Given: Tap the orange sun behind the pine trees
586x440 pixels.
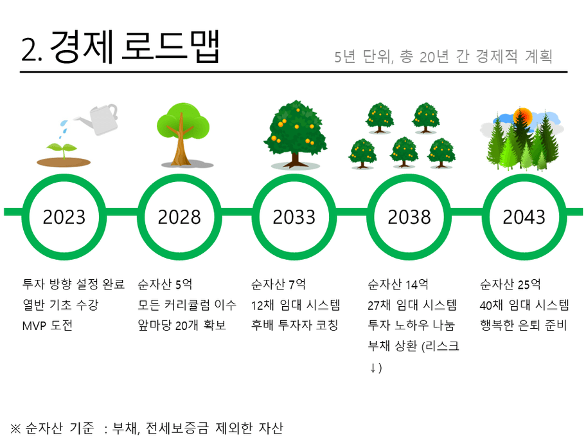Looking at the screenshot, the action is coord(522,116).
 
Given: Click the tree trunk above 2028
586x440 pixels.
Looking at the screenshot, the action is coord(181,142).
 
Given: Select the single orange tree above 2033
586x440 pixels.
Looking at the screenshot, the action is coord(295,134).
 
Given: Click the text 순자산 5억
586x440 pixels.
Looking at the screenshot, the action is coord(164,284).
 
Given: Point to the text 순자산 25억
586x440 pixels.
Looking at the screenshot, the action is coord(510,284).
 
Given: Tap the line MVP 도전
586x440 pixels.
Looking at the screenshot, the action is coord(48,325).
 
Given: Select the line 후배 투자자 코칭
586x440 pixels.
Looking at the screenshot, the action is coord(294,325).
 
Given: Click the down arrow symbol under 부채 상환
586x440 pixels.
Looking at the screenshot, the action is coord(373,368).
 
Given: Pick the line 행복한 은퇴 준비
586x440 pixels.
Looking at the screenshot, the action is coord(524,325).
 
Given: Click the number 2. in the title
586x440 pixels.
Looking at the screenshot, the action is coord(31,50).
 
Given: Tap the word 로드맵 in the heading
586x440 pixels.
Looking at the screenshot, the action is coord(170,46).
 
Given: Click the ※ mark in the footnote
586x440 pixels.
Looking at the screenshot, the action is coord(15,428).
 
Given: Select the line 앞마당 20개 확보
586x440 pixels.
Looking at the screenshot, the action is coord(182,325).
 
